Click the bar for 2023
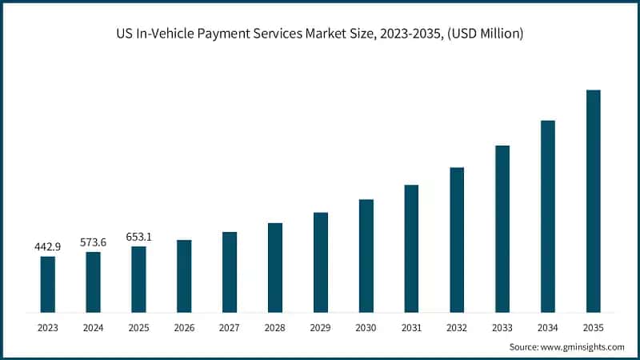[x=48, y=284]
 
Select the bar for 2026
[x=184, y=276]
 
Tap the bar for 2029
[x=321, y=262]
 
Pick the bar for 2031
[x=411, y=248]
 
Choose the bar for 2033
[x=502, y=229]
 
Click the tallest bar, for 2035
[x=593, y=201]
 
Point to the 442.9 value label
[x=48, y=246]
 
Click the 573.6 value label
[x=94, y=242]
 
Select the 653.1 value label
[x=139, y=237]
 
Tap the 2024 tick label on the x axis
[x=94, y=327]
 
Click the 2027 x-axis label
[x=230, y=327]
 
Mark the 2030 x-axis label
[x=366, y=327]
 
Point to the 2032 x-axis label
[x=457, y=327]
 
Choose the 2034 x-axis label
[x=547, y=327]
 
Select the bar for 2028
[x=275, y=267]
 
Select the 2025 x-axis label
[x=139, y=327]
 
